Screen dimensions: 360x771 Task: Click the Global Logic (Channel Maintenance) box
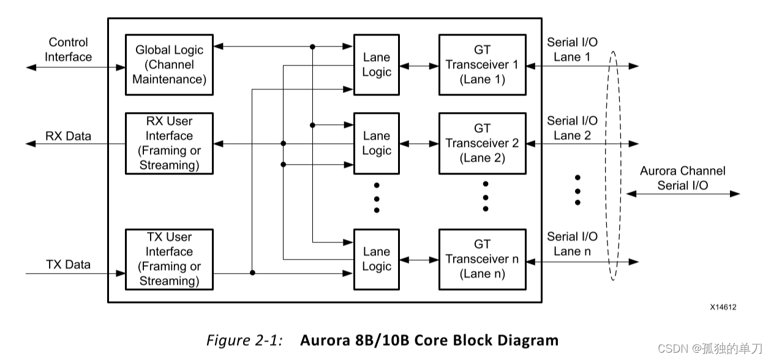[169, 65]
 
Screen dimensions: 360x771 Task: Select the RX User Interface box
[169, 143]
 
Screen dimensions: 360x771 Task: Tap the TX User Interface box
[169, 259]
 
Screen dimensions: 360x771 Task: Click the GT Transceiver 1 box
[482, 65]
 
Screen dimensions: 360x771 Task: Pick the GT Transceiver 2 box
[482, 143]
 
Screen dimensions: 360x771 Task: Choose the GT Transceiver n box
[482, 259]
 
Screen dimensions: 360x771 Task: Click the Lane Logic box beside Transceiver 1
[376, 65]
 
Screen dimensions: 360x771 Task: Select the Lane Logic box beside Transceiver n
[376, 259]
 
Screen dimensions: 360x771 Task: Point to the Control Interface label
[68, 50]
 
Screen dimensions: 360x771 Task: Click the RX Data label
[68, 136]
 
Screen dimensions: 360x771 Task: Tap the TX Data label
[68, 264]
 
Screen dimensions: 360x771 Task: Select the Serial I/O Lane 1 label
[572, 50]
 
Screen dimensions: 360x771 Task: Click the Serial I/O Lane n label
[572, 244]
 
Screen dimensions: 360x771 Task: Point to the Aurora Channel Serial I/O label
[682, 178]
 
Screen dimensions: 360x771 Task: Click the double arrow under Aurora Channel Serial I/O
[682, 194]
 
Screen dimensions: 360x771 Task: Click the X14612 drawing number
[723, 307]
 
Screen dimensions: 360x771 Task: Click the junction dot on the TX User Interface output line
[252, 273]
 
